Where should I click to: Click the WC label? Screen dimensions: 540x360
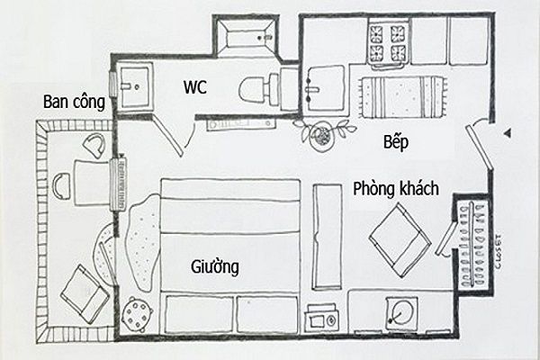[x=195, y=86]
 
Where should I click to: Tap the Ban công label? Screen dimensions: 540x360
[x=74, y=102]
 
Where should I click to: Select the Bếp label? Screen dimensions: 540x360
[x=396, y=141]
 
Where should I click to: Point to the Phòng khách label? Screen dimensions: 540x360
[x=396, y=189]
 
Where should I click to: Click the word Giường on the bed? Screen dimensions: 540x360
[x=215, y=267]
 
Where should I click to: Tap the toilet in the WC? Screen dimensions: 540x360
[x=259, y=89]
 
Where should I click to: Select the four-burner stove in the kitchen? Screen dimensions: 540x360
[x=387, y=43]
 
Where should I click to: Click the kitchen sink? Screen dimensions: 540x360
[x=325, y=88]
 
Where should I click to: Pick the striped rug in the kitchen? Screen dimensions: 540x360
[x=401, y=97]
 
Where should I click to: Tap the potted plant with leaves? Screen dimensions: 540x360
[x=323, y=134]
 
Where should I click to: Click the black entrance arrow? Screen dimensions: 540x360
[x=508, y=133]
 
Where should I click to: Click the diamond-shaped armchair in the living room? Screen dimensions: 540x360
[x=400, y=239]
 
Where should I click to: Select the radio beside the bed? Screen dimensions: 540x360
[x=321, y=316]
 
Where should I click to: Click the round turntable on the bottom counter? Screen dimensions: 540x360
[x=401, y=311]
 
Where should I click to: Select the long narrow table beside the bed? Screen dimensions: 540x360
[x=328, y=238]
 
